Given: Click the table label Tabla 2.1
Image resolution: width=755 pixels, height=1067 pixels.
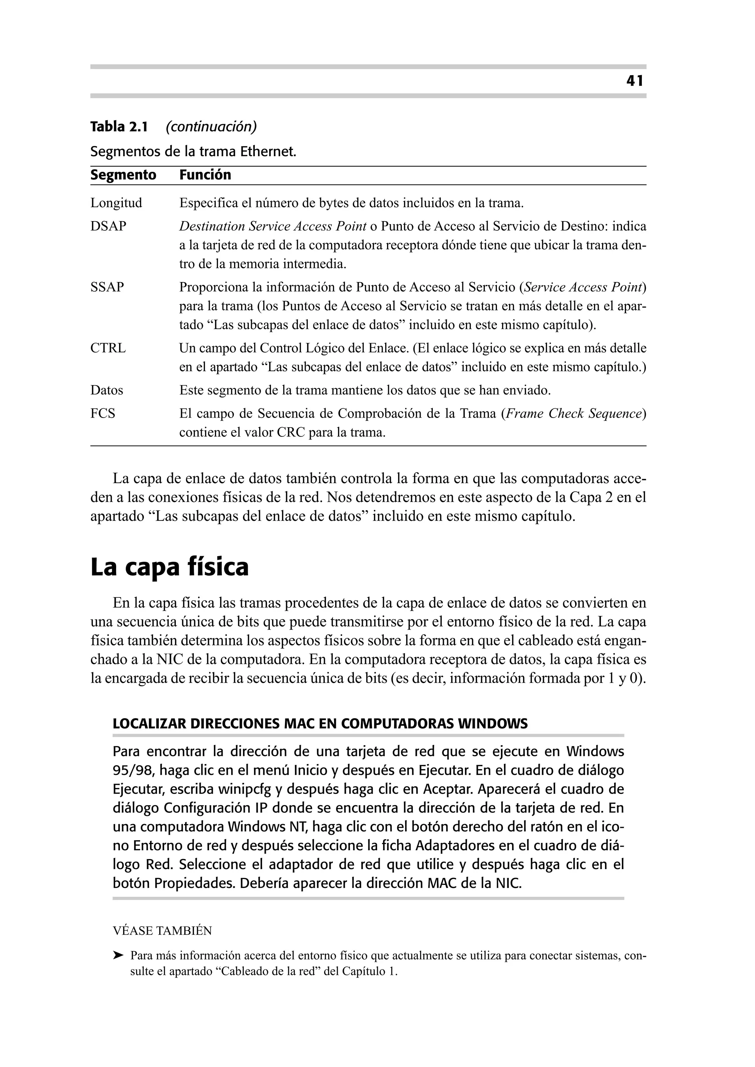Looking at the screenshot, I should tap(119, 126).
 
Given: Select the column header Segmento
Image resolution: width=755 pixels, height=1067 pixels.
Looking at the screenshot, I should tap(123, 175).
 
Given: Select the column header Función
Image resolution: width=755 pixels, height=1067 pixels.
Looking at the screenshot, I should tap(205, 175).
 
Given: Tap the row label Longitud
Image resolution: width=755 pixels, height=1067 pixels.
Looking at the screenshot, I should tap(116, 203).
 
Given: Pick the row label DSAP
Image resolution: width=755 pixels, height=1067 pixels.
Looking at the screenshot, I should tap(108, 226).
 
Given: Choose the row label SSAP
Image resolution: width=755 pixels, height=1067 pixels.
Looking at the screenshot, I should tap(107, 287).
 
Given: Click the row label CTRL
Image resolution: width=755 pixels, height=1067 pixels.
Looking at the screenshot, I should tap(108, 348).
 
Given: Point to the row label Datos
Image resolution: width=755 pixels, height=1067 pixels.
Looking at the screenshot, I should tap(107, 390).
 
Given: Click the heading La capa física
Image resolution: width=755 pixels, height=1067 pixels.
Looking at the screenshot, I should tap(169, 568).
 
